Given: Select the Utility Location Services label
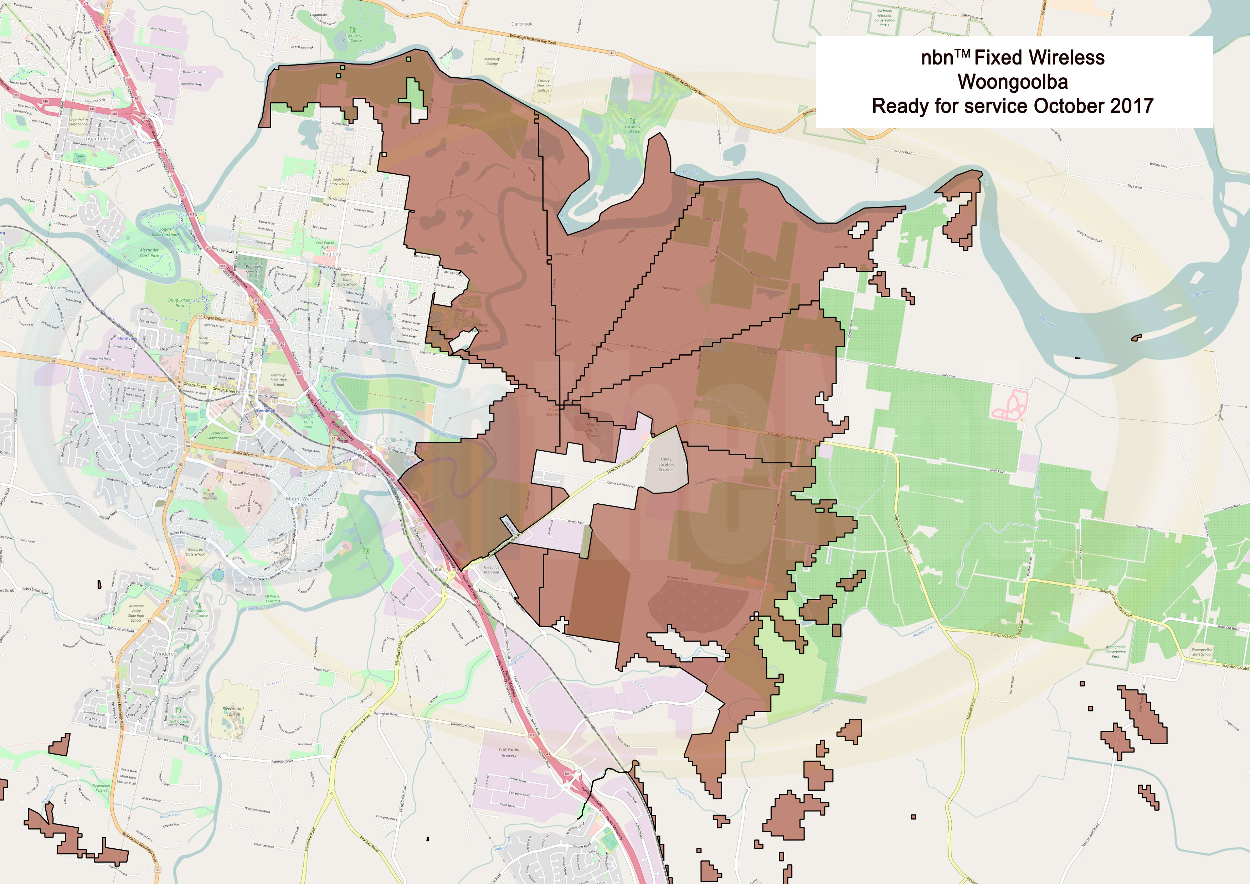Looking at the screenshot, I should [666, 464].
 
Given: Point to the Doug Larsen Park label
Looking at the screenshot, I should [180, 303].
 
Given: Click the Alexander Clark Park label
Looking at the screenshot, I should [149, 253].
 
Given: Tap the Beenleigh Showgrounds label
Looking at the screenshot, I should [218, 436].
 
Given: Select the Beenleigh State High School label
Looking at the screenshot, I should [279, 380].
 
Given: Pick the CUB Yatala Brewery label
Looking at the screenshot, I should [509, 752].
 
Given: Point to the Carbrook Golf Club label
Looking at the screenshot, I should [632, 129].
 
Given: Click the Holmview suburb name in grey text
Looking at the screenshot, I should [56, 287].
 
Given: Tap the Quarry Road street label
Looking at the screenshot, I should [576, 522].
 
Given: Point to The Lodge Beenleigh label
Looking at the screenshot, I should [491, 570].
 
